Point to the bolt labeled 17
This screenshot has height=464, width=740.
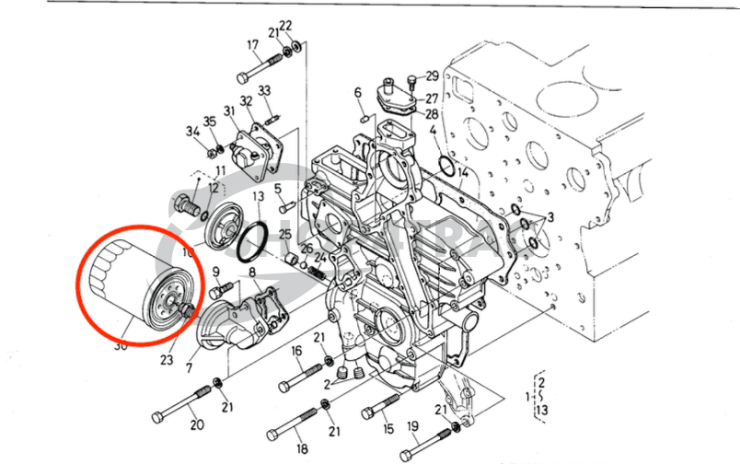[x=262, y=66]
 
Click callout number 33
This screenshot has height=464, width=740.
[x=264, y=90]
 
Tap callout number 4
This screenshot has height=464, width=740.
[x=434, y=132]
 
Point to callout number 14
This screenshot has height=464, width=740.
[x=463, y=172]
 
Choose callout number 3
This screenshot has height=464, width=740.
[x=550, y=216]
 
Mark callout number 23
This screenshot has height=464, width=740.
[x=167, y=359]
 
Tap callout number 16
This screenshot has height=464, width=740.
[x=297, y=351]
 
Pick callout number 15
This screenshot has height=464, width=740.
[x=387, y=428]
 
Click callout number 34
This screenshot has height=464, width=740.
[x=191, y=132]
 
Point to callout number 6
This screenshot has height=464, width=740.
[x=357, y=92]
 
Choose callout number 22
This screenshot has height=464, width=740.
[x=285, y=25]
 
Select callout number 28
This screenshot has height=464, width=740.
[x=432, y=113]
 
